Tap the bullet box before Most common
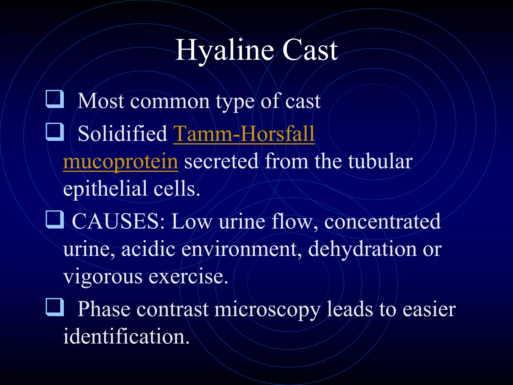55,99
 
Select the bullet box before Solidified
55,132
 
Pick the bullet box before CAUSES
55,220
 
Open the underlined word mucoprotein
120,161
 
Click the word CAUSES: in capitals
118,222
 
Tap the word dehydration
362,249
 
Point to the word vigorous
103,277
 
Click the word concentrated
382,222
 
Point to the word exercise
188,277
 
